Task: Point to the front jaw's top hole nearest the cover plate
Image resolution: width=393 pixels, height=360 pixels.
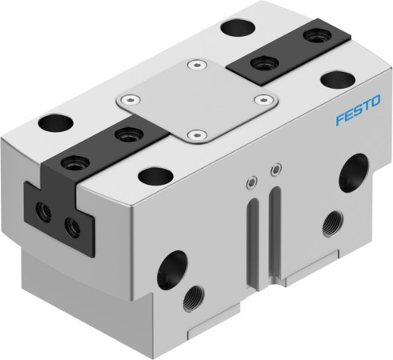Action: [x=124, y=135]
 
